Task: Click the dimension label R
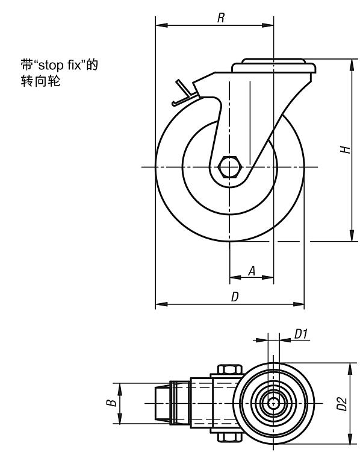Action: point(220,18)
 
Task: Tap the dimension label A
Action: point(252,271)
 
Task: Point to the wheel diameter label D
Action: point(235,297)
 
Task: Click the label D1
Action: point(301,334)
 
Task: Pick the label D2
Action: point(342,403)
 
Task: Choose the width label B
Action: point(111,403)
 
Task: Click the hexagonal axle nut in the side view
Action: point(229,167)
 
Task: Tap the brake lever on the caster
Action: point(184,93)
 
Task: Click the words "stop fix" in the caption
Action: point(60,65)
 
